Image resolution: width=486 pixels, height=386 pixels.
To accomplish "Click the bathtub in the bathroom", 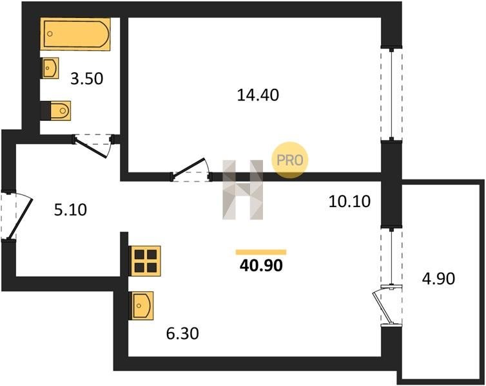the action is tap(75, 33).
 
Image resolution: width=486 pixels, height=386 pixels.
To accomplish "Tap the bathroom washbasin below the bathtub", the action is tap(50, 68).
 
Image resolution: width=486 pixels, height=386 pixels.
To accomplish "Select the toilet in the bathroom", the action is tap(56, 111).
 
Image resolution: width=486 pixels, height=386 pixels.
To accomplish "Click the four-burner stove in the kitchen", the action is tap(146, 261).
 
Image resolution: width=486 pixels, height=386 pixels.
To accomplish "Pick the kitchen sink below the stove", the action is tap(142, 306).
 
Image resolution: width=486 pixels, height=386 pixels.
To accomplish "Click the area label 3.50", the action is tap(87, 79).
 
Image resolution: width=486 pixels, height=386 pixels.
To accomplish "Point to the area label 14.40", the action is tap(258, 95).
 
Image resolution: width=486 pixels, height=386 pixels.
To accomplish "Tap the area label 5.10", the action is tap(70, 210).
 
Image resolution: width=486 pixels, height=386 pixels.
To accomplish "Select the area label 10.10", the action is tap(349, 201).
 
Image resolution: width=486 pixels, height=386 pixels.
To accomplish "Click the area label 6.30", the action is tap(182, 334).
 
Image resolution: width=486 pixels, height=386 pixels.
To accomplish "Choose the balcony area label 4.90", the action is tap(438, 279).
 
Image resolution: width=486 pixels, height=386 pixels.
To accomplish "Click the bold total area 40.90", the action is tap(261, 265).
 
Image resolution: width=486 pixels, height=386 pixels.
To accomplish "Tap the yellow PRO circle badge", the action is tap(290, 160).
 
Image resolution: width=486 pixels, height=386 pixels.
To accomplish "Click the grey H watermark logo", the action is tap(243, 190).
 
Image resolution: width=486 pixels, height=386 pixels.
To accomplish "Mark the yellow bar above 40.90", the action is tap(261, 252).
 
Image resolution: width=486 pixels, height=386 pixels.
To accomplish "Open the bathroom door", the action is tap(93, 145).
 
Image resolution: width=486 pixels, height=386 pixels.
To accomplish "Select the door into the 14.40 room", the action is tap(191, 170).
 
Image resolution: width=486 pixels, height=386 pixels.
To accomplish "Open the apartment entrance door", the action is tap(17, 216).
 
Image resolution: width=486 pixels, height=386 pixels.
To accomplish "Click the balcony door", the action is tap(388, 306).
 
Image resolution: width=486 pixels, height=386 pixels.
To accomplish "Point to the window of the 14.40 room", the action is tap(391, 95).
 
